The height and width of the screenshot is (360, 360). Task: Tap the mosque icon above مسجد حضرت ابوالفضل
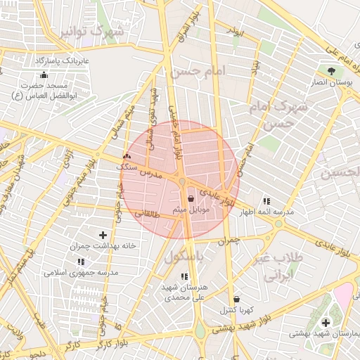(x=44, y=75)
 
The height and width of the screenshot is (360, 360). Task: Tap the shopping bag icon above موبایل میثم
(x=191, y=199)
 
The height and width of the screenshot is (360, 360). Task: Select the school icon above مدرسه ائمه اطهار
(x=266, y=201)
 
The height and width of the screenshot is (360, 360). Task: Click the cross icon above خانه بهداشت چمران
(x=103, y=235)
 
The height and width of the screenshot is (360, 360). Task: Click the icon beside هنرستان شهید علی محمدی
(x=184, y=276)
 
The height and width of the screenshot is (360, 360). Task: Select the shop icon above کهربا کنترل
(x=236, y=299)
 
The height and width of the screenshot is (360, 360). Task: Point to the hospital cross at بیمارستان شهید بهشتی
(x=325, y=323)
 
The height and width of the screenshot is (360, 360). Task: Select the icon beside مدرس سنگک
(x=127, y=157)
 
